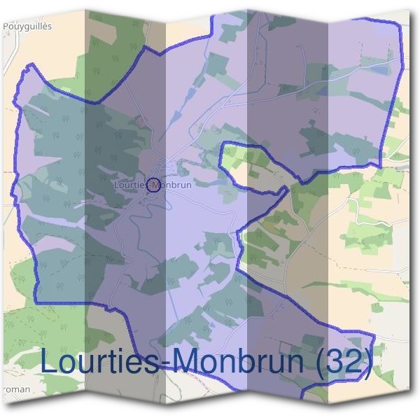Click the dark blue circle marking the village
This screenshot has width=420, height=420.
tap(155, 185)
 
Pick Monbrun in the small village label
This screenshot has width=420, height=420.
tap(175, 185)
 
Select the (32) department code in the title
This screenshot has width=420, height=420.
tap(342, 362)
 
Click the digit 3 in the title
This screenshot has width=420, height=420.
tap(335, 362)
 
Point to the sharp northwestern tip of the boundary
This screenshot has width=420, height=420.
tap(29, 66)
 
